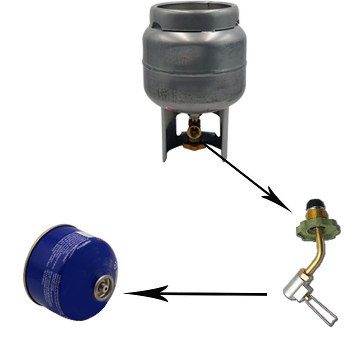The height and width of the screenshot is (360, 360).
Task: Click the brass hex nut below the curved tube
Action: click(306, 275)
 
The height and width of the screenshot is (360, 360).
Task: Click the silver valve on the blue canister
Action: click(104, 287)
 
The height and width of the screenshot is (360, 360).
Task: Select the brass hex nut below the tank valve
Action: click(194, 144)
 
